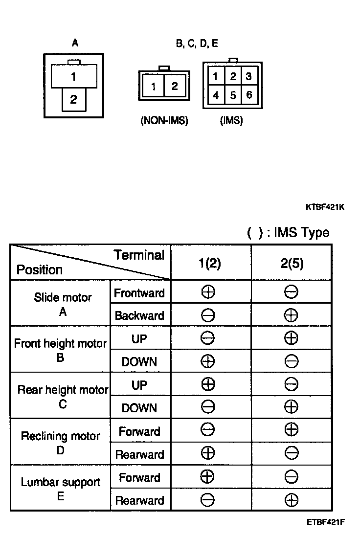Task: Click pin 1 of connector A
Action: coord(73,77)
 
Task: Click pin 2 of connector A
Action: coord(73,100)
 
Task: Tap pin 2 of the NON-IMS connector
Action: coord(175,86)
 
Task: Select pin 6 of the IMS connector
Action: coord(249,95)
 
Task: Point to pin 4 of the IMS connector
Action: coord(216,95)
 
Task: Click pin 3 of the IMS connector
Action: coord(249,76)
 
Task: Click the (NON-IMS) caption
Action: coord(164,120)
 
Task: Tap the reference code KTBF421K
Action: coord(325,207)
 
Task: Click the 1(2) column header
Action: coord(210,263)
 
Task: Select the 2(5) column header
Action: coord(291,263)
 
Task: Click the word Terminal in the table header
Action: coord(139,255)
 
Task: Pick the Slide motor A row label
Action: coord(63,304)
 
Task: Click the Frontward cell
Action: coord(139,293)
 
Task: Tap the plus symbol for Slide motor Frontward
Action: coord(208,292)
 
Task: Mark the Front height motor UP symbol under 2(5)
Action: coord(291,338)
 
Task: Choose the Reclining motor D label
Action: coord(60,443)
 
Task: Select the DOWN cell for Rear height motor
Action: coord(139,408)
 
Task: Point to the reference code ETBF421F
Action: coord(326,521)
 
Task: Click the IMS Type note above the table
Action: coord(288,232)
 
